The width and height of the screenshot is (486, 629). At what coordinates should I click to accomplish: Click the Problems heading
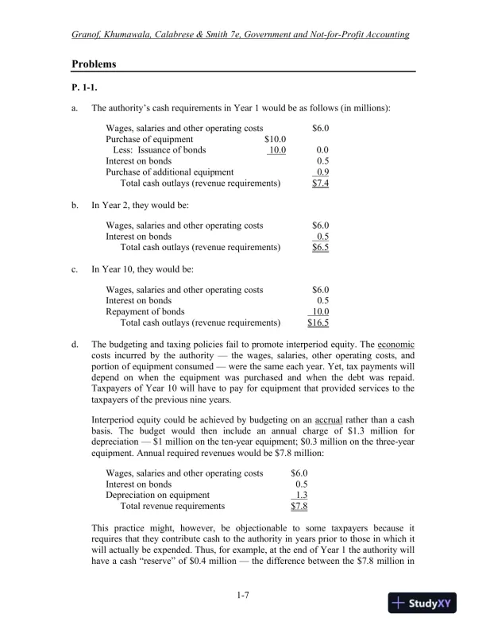[x=94, y=64]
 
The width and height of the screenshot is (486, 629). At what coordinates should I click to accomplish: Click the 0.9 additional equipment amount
[x=322, y=172]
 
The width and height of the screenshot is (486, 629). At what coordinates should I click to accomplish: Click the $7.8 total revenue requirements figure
[x=299, y=505]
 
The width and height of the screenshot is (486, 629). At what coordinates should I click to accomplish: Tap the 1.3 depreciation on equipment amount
[x=301, y=494]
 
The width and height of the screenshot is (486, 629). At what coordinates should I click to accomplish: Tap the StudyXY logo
[x=426, y=604]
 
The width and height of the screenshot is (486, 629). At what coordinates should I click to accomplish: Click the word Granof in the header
[x=88, y=35]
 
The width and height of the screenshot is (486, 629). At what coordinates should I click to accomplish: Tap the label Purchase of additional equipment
[x=169, y=172]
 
